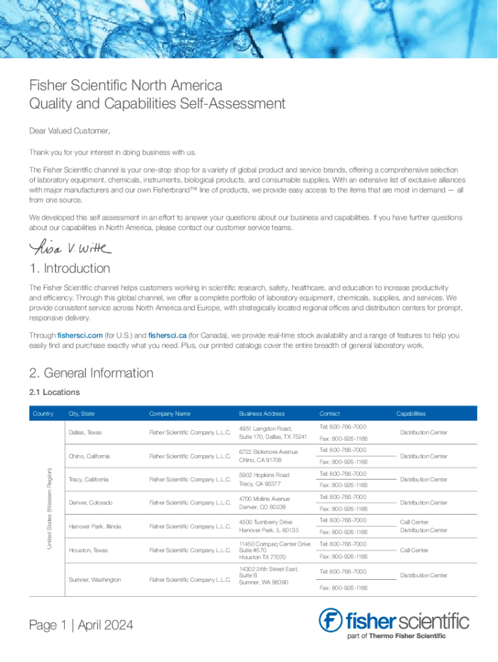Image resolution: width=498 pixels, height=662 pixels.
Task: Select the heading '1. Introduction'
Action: tap(70, 268)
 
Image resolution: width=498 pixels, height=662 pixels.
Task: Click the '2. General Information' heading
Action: tap(91, 373)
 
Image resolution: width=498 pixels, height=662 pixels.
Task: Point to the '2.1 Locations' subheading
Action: tap(55, 392)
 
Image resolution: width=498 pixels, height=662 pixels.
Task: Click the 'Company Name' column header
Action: tap(169, 414)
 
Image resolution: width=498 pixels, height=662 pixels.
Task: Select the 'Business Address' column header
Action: tap(261, 414)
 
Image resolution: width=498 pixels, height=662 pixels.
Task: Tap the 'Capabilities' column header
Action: tap(411, 414)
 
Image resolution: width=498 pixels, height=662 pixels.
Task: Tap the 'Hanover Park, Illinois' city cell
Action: tap(94, 526)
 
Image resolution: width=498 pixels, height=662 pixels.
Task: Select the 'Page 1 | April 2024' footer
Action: tap(81, 625)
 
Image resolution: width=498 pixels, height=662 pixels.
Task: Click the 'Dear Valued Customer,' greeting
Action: tap(70, 131)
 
